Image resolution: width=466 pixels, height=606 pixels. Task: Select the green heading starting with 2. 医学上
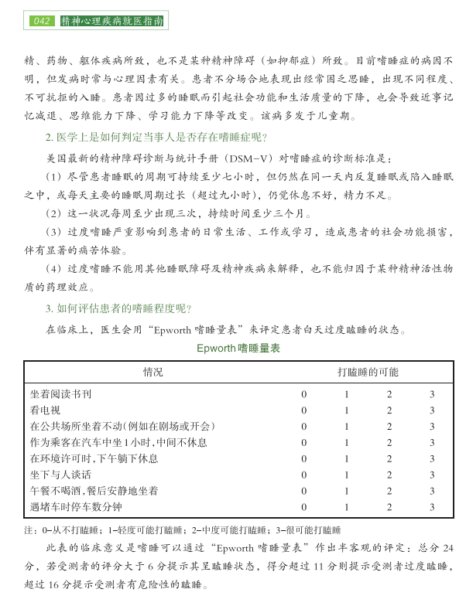point(156,138)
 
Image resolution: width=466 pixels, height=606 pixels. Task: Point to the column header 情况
point(153,373)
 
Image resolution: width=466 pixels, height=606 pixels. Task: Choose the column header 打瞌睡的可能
point(368,373)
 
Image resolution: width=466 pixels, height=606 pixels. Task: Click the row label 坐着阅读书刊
point(61,394)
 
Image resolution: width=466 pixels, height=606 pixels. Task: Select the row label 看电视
point(46,410)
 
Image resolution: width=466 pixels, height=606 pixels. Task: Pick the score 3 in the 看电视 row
point(433,410)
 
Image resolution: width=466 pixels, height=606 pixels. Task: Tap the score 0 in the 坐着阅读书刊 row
point(304,394)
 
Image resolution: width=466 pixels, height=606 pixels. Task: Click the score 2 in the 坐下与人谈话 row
point(389,475)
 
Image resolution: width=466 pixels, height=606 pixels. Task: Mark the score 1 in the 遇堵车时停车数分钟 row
point(347,507)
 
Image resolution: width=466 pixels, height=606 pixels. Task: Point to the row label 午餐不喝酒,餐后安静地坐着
point(94,491)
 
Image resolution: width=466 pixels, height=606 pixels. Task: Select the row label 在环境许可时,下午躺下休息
point(94,458)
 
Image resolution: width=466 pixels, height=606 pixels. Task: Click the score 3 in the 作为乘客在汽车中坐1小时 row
point(433,442)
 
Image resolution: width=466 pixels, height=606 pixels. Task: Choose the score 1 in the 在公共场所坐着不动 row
point(347,427)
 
